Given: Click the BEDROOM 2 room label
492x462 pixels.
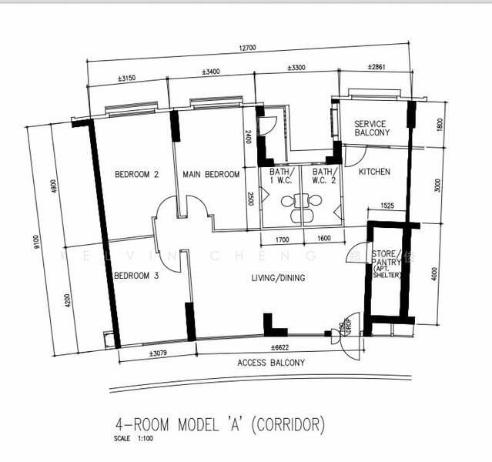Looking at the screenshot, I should [136, 175].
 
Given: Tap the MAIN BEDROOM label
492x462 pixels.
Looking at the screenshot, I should [211, 175].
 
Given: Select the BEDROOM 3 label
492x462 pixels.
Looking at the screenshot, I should [136, 276].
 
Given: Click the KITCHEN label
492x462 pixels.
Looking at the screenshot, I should [373, 172].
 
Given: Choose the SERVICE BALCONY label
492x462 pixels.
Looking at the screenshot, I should [372, 129].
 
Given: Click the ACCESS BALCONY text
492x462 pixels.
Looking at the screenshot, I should [270, 363].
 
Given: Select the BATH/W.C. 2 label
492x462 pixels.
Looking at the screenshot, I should [324, 177].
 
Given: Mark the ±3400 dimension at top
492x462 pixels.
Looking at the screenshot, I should [210, 72].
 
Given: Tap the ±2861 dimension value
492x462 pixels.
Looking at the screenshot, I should [377, 68].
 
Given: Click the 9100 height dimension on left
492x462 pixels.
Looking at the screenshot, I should [35, 243].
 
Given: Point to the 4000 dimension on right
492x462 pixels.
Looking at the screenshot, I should [434, 273].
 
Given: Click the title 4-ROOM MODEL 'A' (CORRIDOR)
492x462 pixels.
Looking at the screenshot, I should [219, 424].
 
